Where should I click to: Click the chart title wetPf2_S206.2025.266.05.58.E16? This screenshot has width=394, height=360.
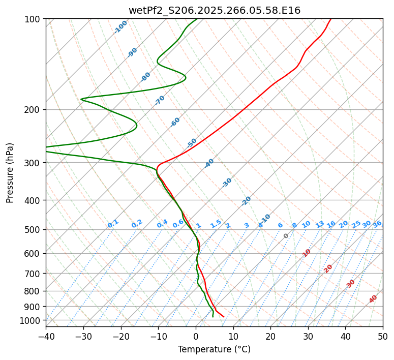click(x=214, y=10)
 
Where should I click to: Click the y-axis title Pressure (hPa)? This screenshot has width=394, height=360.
click(x=10, y=173)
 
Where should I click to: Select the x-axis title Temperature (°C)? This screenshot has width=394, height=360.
click(x=214, y=350)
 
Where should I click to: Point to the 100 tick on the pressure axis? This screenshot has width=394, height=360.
click(x=34, y=19)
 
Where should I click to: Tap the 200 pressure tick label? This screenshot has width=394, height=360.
click(x=34, y=110)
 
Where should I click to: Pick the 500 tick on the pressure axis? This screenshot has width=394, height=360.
click(x=34, y=230)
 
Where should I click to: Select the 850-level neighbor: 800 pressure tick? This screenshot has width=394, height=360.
click(x=34, y=291)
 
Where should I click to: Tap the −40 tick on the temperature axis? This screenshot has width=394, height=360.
click(x=46, y=337)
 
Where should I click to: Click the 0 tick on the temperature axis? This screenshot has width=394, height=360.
click(x=196, y=337)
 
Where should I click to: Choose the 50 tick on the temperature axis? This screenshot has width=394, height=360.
click(x=383, y=337)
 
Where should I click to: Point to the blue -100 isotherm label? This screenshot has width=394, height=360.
click(x=120, y=26)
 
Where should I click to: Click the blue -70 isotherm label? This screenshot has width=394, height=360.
click(x=160, y=100)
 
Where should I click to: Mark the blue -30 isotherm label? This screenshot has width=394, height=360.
click(x=227, y=183)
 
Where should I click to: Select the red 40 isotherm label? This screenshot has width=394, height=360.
click(x=373, y=299)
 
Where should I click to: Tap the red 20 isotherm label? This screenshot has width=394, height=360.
click(x=328, y=268)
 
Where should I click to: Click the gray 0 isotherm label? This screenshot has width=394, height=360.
click(x=286, y=236)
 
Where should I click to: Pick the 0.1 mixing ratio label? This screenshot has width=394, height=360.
click(x=113, y=224)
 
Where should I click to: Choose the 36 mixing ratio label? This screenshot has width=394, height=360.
click(x=377, y=224)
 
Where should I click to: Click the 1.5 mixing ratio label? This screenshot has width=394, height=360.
click(x=216, y=224)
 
